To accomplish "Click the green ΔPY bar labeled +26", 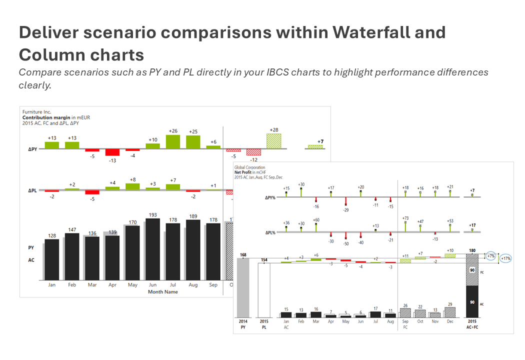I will [x=172, y=141].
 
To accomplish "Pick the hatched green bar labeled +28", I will [x=273, y=140].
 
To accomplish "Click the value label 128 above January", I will [x=51, y=235].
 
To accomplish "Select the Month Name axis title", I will [x=162, y=291].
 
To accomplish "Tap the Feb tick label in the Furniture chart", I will [x=72, y=285].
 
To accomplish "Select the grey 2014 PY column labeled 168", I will [x=243, y=287].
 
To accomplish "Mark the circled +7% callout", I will [x=490, y=256].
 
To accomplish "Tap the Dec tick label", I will [x=450, y=321].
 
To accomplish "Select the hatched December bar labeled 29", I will [x=450, y=312].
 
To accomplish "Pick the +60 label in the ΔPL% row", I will [x=316, y=219].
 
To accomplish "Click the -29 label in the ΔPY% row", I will [x=345, y=210].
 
